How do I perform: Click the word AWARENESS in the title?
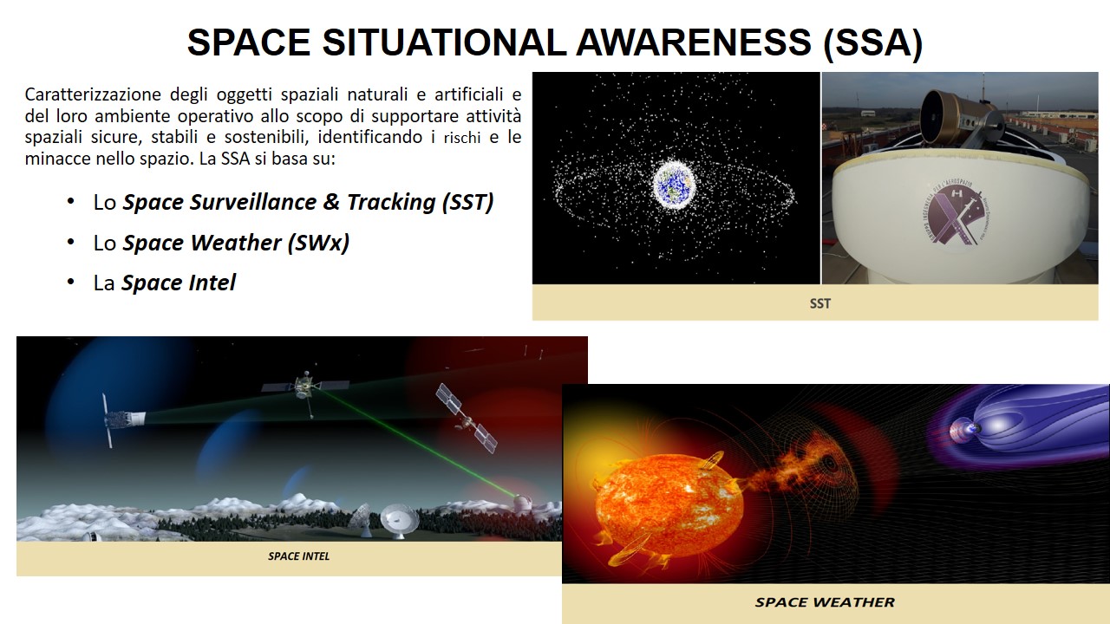tap(693, 42)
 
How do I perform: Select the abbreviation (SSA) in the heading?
tap(873, 43)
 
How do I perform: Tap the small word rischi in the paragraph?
tap(462, 138)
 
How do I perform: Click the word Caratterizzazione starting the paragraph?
tap(93, 94)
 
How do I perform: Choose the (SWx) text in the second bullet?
tap(318, 243)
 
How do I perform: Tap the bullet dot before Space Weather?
tap(71, 243)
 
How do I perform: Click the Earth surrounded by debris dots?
tap(673, 184)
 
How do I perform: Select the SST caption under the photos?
tap(820, 303)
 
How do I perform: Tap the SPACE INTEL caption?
tap(299, 556)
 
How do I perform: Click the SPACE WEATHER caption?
tap(825, 602)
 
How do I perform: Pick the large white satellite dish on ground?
tap(400, 520)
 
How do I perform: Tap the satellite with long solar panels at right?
tap(467, 419)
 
